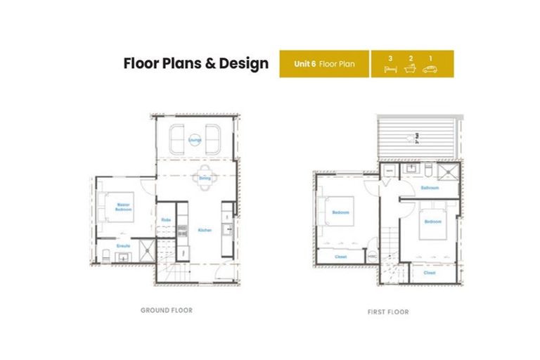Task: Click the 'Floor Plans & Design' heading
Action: [195, 63]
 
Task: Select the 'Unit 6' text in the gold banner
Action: [304, 64]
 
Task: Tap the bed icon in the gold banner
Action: [390, 69]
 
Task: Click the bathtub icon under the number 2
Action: [410, 69]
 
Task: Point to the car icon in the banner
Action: [430, 69]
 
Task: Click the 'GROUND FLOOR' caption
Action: [166, 309]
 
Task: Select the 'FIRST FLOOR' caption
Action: [387, 311]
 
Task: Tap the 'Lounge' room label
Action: [194, 140]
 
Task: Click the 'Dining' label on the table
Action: [204, 179]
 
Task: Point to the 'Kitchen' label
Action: [204, 230]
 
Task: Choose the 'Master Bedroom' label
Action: [123, 207]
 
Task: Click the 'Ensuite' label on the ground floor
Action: [123, 246]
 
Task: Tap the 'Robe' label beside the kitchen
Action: [166, 220]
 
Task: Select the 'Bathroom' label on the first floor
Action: [430, 188]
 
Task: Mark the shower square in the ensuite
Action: [146, 249]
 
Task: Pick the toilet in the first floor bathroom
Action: [427, 170]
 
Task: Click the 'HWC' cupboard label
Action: [372, 257]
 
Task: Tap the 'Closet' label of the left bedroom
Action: [341, 257]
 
